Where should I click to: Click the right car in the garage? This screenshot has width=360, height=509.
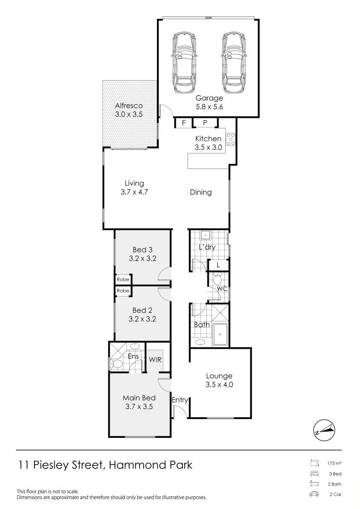tap(234, 63)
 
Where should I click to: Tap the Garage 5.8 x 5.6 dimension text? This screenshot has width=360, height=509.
tap(209, 107)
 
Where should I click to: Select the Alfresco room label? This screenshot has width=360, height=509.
tap(129, 106)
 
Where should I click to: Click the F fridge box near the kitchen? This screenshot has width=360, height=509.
tap(183, 123)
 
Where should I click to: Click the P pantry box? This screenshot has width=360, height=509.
tap(205, 123)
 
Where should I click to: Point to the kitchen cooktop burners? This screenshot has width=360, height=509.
tap(231, 140)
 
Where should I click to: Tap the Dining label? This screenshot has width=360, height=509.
tap(201, 192)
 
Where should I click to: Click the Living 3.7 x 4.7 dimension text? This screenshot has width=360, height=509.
tap(134, 192)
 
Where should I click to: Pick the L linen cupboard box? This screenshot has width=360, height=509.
tap(218, 266)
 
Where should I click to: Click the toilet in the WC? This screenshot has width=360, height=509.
tap(218, 281)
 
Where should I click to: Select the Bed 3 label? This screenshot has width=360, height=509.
tap(142, 250)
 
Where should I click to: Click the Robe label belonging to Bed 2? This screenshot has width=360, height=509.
tap(123, 291)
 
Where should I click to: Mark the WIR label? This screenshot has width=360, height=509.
tap(155, 360)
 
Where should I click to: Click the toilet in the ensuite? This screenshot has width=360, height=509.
tap(116, 364)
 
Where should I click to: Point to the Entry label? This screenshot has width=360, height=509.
tap(180, 401)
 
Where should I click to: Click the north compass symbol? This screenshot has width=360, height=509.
tap(326, 430)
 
